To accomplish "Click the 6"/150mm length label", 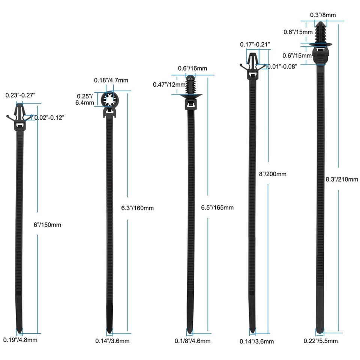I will [47, 225].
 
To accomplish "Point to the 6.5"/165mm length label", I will [217, 208].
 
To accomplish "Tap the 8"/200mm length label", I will [273, 174].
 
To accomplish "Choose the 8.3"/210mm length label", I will [342, 179].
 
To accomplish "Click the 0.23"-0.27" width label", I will [20, 95].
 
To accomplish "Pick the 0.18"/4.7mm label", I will [111, 80].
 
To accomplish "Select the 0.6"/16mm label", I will [192, 69].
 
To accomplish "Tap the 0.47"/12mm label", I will [169, 84].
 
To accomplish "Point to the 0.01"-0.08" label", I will [282, 66].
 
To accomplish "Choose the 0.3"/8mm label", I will [322, 15].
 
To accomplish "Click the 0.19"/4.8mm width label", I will [20, 340].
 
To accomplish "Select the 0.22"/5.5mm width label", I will [321, 340].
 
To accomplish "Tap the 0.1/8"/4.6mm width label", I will [193, 340].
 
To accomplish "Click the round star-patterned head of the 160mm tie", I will [110, 100].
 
